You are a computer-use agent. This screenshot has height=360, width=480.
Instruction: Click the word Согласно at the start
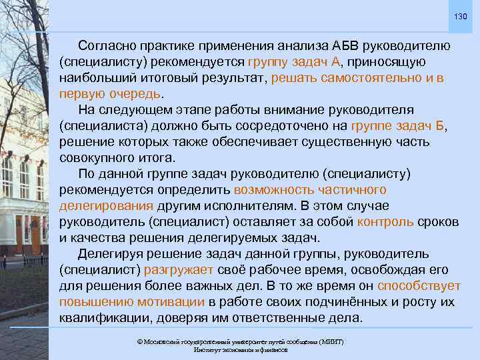click(107, 47)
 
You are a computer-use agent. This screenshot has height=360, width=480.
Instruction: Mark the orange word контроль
click(385, 221)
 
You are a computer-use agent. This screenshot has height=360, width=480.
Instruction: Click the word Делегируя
click(111, 254)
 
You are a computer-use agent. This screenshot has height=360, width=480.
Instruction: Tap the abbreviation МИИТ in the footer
click(327, 341)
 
